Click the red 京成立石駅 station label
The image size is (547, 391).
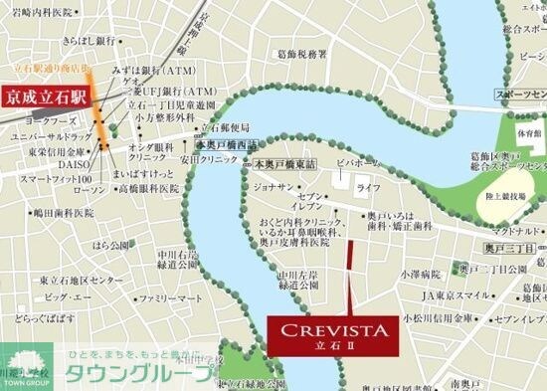pos(46,98)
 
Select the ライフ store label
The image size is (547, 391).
pos(368,187)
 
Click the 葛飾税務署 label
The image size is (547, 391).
pos(301,55)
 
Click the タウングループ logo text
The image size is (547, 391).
pos(138,375)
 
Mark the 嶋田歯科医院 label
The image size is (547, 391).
pos(63,212)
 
